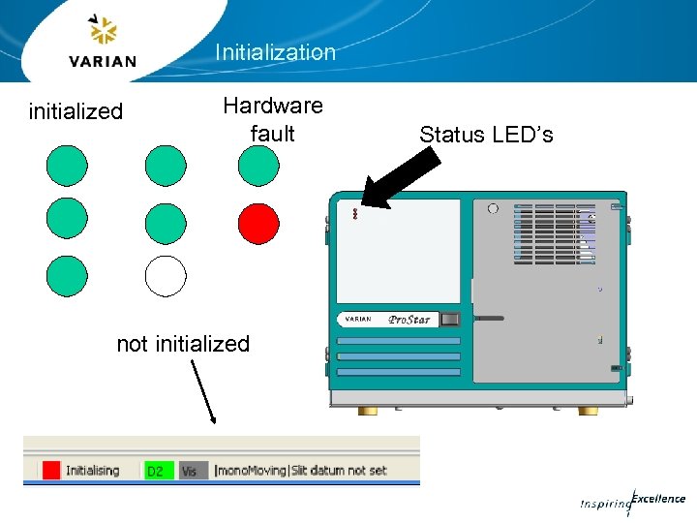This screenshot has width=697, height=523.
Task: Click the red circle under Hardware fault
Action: tap(258, 224)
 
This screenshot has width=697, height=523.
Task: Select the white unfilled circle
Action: tap(166, 275)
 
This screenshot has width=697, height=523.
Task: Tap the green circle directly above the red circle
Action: tap(258, 166)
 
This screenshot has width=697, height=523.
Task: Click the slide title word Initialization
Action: tap(275, 52)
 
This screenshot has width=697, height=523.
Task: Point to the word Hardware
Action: tap(273, 105)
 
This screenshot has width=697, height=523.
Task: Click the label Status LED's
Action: tap(486, 135)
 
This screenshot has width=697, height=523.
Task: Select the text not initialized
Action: tap(183, 344)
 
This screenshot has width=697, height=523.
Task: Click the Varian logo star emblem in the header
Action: tap(102, 31)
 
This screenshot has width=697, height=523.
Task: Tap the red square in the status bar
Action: tap(51, 471)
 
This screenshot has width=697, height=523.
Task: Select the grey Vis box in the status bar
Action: tap(190, 471)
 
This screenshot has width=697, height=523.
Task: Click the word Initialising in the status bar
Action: tap(93, 471)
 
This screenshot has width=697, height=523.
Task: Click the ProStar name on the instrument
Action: tap(410, 319)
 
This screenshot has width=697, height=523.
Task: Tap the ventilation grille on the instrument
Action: tap(549, 232)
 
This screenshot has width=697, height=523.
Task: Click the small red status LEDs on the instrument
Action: tap(355, 214)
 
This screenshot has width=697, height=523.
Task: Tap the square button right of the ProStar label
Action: tap(449, 319)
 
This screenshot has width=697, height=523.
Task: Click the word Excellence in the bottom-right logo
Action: tap(659, 499)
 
